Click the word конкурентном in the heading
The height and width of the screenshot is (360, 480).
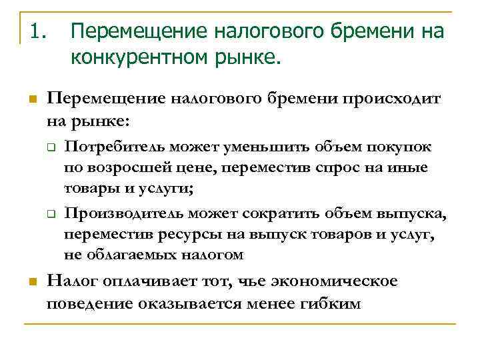[135, 58]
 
